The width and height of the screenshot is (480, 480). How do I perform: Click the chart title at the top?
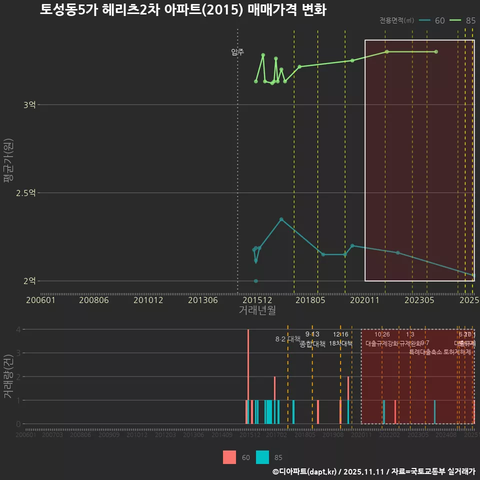183,10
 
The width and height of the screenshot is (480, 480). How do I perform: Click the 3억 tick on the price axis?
29,105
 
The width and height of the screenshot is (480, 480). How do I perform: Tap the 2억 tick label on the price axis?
29,281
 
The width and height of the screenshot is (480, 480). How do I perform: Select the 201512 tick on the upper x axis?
258,300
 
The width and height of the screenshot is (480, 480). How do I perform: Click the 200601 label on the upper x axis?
40,300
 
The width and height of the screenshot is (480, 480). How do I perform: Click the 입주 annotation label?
237,52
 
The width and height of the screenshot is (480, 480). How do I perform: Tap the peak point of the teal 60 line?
281,219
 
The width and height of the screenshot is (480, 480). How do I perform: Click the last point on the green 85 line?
436,52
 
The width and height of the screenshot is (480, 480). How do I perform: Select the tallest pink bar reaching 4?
248,376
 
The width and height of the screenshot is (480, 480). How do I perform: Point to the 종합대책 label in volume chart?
312,344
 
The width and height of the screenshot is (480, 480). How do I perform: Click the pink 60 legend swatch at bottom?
229,457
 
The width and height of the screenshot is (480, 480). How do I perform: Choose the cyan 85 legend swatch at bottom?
262,457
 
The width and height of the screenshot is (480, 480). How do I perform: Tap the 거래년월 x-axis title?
257,310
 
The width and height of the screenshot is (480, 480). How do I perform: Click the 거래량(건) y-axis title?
8,376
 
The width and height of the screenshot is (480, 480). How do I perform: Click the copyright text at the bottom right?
373,471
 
